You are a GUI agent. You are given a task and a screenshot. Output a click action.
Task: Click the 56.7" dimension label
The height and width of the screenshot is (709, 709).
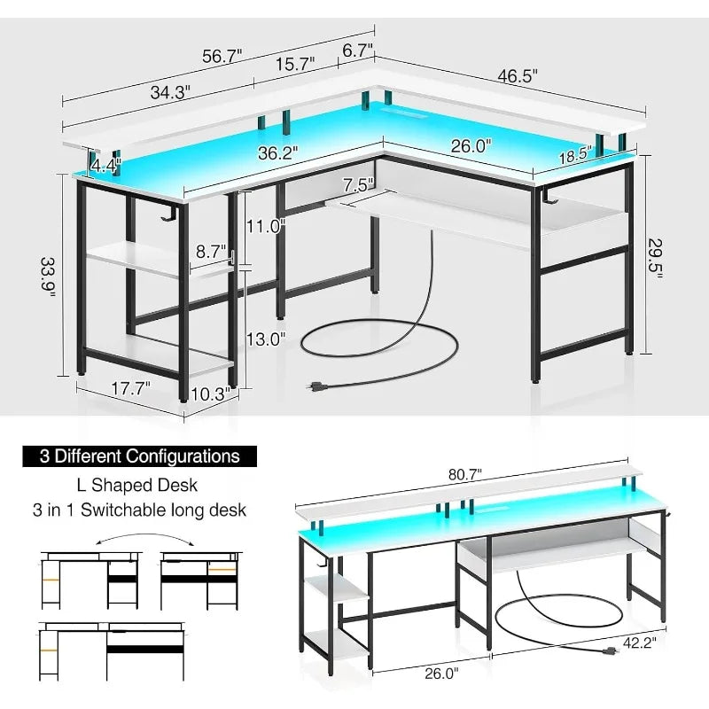pos(222,56)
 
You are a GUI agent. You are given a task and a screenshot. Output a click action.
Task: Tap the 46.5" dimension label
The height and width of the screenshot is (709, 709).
pos(518,75)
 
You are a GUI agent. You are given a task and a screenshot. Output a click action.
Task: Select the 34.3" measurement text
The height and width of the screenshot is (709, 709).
pos(170,92)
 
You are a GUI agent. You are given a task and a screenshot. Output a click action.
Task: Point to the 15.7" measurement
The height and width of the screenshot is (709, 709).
pos(295,64)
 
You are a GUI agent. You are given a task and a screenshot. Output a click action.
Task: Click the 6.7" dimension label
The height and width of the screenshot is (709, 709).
pos(357,50)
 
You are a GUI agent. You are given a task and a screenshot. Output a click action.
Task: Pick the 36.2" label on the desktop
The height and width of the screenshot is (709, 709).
pos(278,152)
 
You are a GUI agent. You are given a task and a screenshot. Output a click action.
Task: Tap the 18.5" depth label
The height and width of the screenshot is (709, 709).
pos(575,155)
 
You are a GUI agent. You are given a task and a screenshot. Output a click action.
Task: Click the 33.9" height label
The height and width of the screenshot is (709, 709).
pos(48,277)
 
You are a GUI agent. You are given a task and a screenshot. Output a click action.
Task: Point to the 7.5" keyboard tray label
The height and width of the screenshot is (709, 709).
pos(358,184)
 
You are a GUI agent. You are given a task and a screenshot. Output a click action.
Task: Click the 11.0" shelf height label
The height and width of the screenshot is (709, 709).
pos(265,226)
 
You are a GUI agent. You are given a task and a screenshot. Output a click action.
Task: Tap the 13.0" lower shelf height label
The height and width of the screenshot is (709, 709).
pos(265,339)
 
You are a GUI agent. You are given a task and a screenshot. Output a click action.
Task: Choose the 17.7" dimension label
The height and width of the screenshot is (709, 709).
pos(130,388)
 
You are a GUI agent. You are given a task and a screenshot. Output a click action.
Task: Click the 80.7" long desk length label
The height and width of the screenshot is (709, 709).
pos(464,474)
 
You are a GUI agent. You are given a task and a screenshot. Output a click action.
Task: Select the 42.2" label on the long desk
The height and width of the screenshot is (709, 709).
pos(639,643)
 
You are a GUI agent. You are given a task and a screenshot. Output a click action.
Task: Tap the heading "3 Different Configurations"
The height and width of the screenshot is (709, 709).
pos(140,456)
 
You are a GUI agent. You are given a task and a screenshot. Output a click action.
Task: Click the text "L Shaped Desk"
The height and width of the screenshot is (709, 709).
pos(137,485)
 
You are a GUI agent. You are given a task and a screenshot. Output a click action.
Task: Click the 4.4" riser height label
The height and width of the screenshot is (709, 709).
pos(105,166)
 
